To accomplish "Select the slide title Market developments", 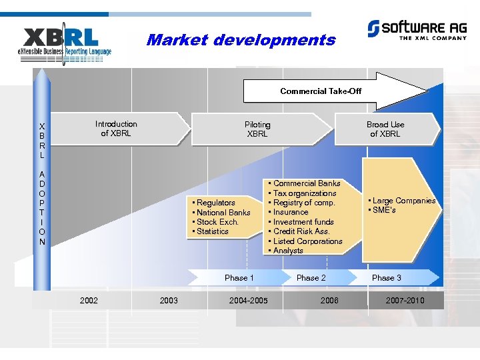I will (x=241, y=40).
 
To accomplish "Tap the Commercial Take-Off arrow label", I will (x=321, y=91).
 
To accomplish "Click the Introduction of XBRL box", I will (x=116, y=129).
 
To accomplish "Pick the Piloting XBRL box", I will (x=257, y=129).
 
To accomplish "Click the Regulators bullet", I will (x=215, y=203).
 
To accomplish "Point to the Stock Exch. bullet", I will (x=217, y=222).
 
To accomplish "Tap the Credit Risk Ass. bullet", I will (x=301, y=231).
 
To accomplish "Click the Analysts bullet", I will (x=287, y=251).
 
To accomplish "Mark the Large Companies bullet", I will (x=403, y=201).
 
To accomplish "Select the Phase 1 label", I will (x=239, y=278).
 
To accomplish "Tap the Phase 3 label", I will (x=387, y=278).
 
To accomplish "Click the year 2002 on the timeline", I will (x=89, y=301).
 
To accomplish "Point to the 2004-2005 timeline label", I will (x=248, y=301).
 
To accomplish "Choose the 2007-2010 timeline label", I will (x=405, y=301).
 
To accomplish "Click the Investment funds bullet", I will (x=303, y=222).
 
